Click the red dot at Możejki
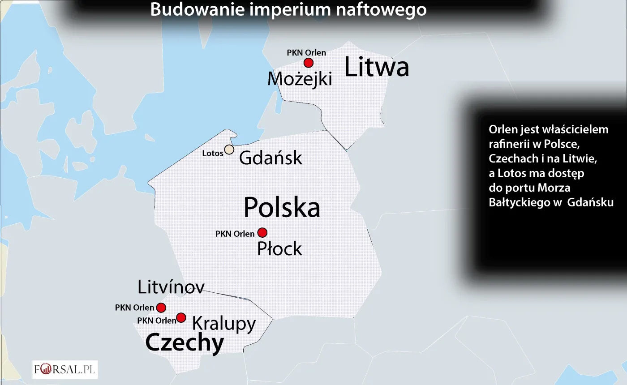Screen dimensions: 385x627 pyautogui.click(x=308, y=63)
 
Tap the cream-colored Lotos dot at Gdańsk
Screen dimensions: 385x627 pyautogui.click(x=229, y=150)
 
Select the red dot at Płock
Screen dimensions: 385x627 pyautogui.click(x=262, y=232)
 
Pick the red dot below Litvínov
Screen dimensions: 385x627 pyautogui.click(x=161, y=308)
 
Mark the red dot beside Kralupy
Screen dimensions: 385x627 pyautogui.click(x=181, y=317)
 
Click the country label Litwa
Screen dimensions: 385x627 pyautogui.click(x=377, y=68)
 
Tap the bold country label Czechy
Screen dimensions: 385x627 pyautogui.click(x=185, y=343)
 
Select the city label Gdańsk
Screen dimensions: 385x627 pyautogui.click(x=271, y=158)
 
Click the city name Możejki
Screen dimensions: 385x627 pyautogui.click(x=300, y=79)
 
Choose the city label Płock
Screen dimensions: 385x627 pyautogui.click(x=279, y=249)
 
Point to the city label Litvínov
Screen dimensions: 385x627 pyautogui.click(x=171, y=287)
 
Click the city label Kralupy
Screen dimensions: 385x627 pyautogui.click(x=223, y=323)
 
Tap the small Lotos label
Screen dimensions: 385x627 pyautogui.click(x=213, y=154)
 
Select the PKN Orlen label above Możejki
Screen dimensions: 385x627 pyautogui.click(x=306, y=52)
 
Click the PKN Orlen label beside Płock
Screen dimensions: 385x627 pyautogui.click(x=235, y=234)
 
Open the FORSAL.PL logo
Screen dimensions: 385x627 pyautogui.click(x=65, y=370)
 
